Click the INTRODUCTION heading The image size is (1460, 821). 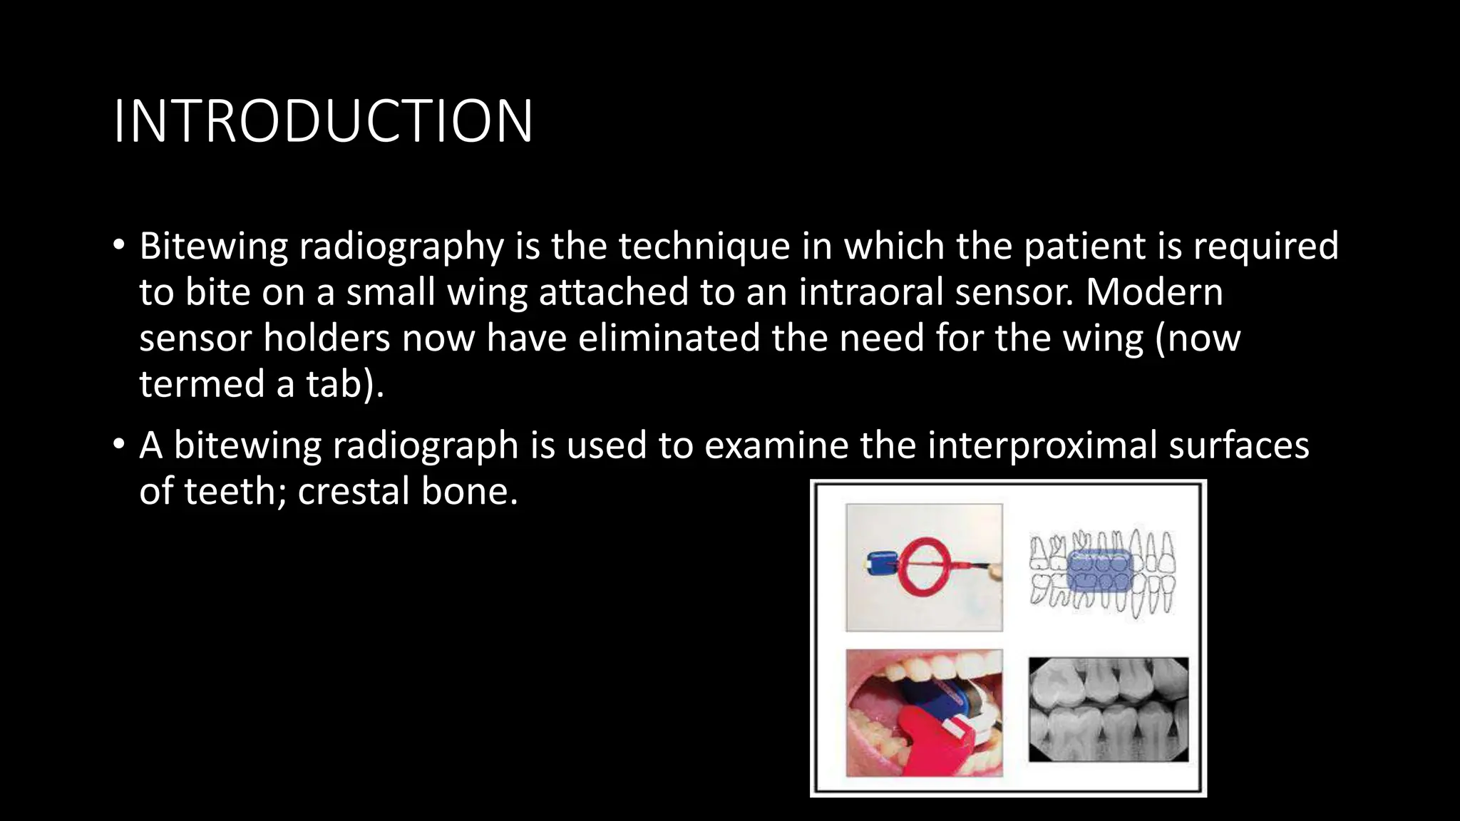tap(322, 121)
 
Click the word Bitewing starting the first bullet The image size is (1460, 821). tap(212, 246)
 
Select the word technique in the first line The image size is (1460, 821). tap(703, 246)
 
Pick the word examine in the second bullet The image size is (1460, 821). tap(776, 446)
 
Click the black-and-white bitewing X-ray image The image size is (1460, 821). tap(1108, 710)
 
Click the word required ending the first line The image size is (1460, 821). tap(1265, 246)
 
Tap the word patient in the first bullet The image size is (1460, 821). tap(1085, 246)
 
